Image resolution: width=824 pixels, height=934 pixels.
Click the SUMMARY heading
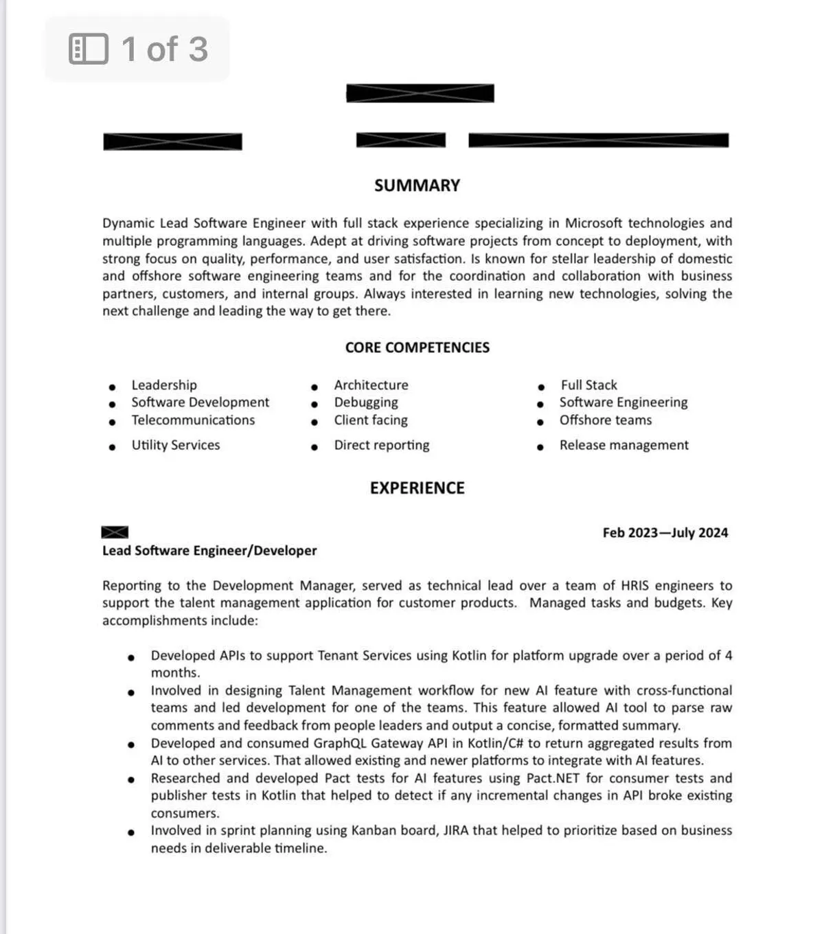coord(417,185)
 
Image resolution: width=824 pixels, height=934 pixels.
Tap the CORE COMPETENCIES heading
coord(417,348)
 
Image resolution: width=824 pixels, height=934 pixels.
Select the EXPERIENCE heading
coord(417,488)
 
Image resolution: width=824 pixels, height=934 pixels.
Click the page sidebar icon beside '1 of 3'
coord(89,49)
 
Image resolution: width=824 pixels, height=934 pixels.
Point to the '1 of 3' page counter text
coord(164,49)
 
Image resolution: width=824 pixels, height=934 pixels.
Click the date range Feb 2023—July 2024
coord(665,532)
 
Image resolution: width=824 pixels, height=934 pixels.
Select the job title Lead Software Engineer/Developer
coord(209,550)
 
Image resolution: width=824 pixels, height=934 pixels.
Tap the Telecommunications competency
coord(193,420)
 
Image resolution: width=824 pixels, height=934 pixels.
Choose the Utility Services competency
coord(176,445)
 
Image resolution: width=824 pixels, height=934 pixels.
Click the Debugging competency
coord(366,402)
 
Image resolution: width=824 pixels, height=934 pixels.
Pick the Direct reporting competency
coord(382,445)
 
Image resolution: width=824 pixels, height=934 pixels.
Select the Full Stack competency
coord(588,385)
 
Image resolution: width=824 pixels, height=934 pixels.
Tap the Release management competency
coord(623,445)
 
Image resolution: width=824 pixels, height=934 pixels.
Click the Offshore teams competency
coord(605,420)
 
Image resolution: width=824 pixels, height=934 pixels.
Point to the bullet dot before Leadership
coord(112,387)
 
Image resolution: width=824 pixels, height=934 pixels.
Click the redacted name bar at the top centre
coord(420,93)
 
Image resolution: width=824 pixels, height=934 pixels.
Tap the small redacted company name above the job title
coord(115,532)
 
